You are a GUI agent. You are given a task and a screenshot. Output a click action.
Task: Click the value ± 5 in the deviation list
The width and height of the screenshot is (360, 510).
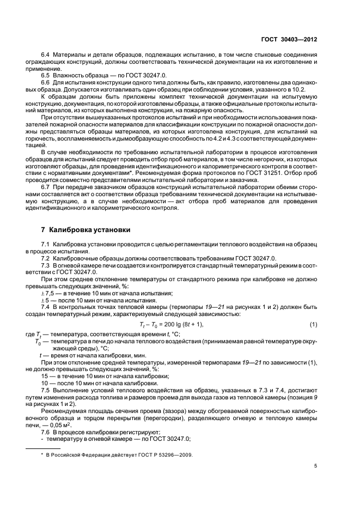coord(45,300)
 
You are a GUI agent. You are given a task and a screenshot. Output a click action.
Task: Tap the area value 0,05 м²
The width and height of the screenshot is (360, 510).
coord(69,424)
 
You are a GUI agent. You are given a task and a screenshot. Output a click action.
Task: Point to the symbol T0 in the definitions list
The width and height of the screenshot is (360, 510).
coord(39,342)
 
